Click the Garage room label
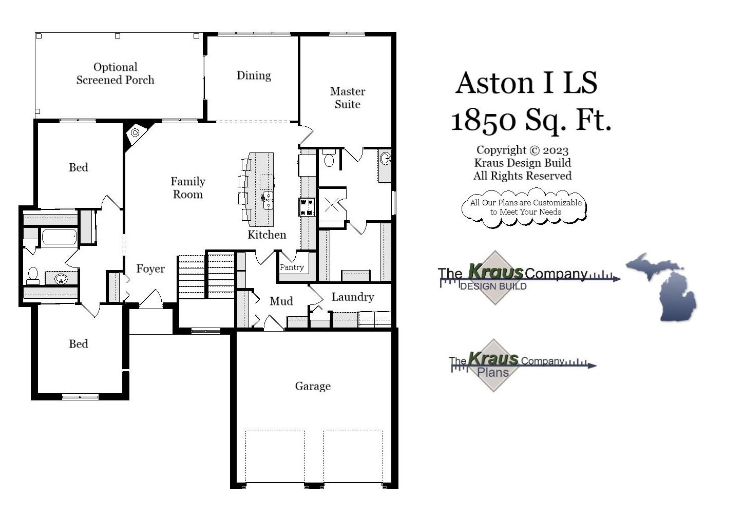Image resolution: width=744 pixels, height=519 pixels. tap(312, 386)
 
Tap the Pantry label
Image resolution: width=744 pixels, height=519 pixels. tap(292, 267)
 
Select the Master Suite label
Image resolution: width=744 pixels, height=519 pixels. tap(348, 98)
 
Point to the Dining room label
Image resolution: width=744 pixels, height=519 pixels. tap(254, 75)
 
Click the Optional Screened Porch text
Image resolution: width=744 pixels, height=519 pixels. tap(115, 73)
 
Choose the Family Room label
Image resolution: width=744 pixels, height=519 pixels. tap(188, 188)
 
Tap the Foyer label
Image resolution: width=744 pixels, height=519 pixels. tap(150, 268)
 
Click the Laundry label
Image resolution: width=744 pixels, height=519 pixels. tap(352, 297)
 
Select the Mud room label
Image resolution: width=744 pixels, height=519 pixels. tap(281, 301)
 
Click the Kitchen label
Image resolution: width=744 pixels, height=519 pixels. tap(266, 235)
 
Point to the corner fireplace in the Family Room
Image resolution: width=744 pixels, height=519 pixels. tap(135, 133)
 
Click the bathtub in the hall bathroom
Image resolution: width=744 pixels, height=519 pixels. tap(59, 237)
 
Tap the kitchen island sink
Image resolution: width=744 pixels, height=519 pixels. tap(268, 200)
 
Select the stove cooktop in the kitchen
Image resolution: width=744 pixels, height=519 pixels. tap(307, 207)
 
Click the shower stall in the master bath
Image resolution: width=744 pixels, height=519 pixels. tap(332, 206)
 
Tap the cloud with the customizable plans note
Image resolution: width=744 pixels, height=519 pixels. tap(525, 207)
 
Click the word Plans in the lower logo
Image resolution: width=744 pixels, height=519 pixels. tap(492, 373)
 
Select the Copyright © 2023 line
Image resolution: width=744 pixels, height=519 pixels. tap(522, 150)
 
